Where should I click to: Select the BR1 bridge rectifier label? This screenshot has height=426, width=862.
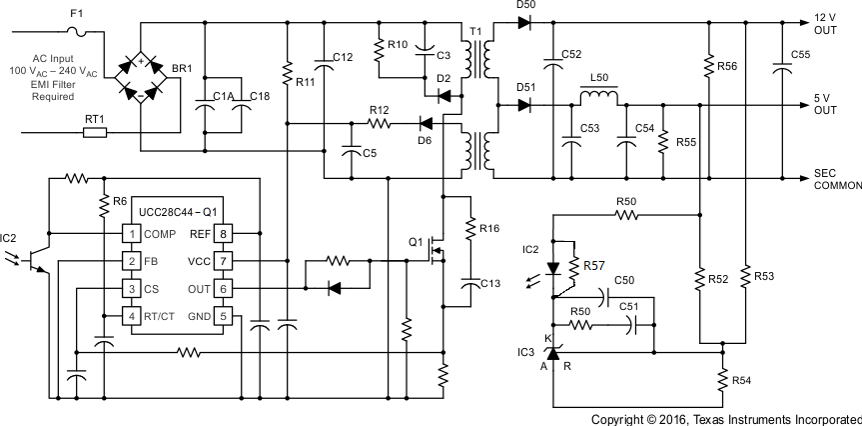183,68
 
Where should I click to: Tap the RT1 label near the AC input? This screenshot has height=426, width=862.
95,117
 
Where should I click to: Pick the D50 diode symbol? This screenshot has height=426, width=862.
525,21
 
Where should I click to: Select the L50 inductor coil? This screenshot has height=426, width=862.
598,97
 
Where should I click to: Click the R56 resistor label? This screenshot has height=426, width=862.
726,66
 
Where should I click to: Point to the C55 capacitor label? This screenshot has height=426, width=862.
800,55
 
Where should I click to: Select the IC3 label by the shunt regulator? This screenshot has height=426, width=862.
526,352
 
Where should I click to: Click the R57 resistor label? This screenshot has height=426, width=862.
595,265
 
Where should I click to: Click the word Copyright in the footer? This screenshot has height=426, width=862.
620,418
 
